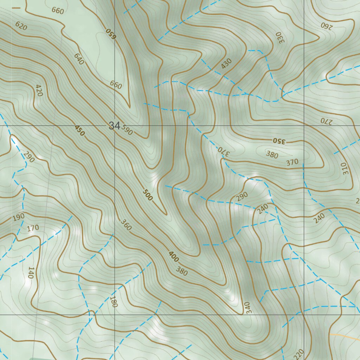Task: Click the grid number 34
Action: pos(114,126)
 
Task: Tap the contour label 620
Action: pos(21,26)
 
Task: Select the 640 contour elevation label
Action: pos(79,59)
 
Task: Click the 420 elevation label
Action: pos(39,90)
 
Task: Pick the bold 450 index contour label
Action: pos(80,130)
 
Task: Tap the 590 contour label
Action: pos(127,130)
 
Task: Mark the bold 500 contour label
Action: pos(148,195)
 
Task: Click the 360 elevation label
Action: pos(126,225)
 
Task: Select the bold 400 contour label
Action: pos(173,257)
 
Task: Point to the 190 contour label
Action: pos(18,217)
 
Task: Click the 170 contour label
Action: pos(33,228)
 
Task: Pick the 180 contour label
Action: pos(113,302)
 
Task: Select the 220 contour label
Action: pos(299,353)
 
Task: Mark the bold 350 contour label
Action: pos(280,141)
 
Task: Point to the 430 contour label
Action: pos(227,64)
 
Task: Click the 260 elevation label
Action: pos(326,25)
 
